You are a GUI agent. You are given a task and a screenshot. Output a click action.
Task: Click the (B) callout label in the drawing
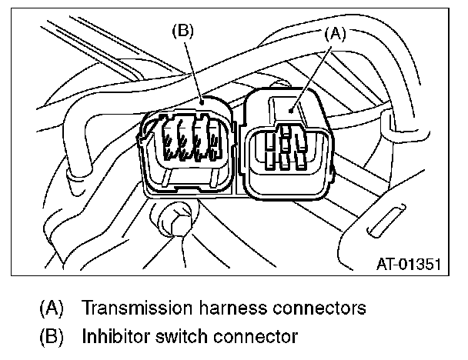[x=183, y=32]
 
